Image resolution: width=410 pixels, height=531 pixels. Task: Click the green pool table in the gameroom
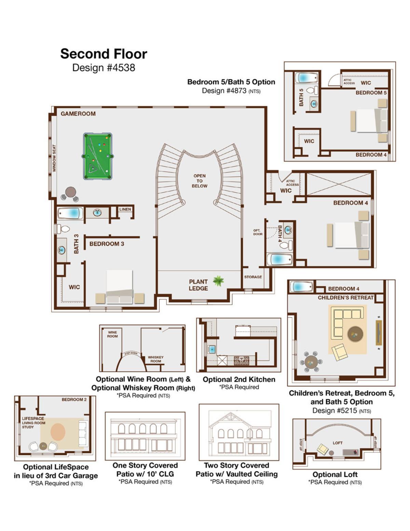[x=98, y=156]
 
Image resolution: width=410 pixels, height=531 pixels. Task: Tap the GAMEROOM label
[x=78, y=114]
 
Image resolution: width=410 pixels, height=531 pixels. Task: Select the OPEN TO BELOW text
[x=200, y=181]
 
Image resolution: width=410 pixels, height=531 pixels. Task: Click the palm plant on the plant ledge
[x=218, y=281]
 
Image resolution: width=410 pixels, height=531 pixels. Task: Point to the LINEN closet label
[x=125, y=209]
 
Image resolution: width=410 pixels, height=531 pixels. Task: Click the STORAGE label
[x=253, y=277]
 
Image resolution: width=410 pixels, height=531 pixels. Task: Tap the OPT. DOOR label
[x=258, y=232]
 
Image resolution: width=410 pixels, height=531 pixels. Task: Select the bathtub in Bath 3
[x=70, y=213]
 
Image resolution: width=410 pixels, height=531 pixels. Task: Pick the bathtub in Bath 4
[x=280, y=260]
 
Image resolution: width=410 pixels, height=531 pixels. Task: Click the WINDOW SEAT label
[x=54, y=158]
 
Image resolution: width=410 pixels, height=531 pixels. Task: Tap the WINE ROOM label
[x=112, y=334]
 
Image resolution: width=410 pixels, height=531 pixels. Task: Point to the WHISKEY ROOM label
[x=155, y=359]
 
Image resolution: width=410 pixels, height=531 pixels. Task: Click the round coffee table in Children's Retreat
[x=355, y=334]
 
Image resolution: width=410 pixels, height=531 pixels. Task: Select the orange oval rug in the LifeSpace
[x=58, y=432]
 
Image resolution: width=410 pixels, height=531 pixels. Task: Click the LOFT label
[x=338, y=443]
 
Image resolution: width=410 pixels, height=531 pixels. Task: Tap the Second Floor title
[x=104, y=54]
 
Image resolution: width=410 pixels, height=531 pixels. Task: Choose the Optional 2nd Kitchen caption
[x=239, y=380]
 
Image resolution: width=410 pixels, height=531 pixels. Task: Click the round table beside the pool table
[x=71, y=192]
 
